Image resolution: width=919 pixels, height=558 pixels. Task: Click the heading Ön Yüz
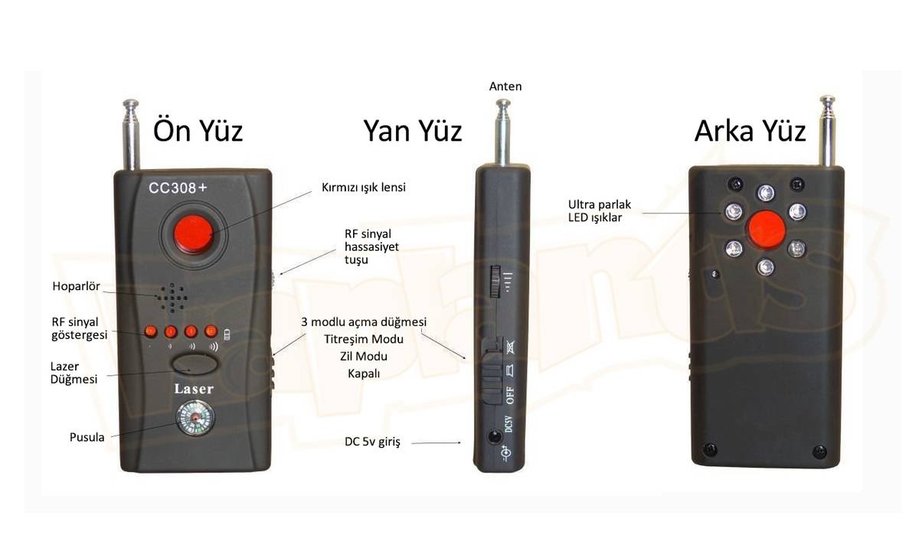pos(198,131)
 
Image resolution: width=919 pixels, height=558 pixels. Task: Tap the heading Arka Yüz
pos(750,131)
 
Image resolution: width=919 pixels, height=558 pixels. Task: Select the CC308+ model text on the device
pos(178,188)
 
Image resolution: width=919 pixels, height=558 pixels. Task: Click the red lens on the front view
pos(194,234)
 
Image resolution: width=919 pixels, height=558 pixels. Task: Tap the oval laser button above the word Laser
pos(195,364)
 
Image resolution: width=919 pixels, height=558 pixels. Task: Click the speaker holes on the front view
pos(172,298)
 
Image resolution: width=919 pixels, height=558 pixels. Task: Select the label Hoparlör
pos(77,286)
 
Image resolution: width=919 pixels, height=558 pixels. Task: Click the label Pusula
pos(87,437)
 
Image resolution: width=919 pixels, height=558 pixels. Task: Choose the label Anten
pos(505,86)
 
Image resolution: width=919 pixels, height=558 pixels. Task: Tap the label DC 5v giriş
pos(372,442)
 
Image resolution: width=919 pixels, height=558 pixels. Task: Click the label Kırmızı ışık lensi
pos(364,188)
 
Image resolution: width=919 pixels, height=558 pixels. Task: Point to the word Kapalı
pos(364,374)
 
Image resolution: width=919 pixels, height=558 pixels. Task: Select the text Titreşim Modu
pos(364,339)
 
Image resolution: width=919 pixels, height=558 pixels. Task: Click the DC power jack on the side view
pos(495,436)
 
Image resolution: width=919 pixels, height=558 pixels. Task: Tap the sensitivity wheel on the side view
pos(495,281)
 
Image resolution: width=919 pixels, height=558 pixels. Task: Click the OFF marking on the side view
pos(510,395)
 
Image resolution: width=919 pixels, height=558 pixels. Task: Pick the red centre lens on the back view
pos(766,230)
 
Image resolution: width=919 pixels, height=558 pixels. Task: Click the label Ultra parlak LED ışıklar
pos(600,210)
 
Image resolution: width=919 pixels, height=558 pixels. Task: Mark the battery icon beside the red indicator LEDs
pos(227,334)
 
